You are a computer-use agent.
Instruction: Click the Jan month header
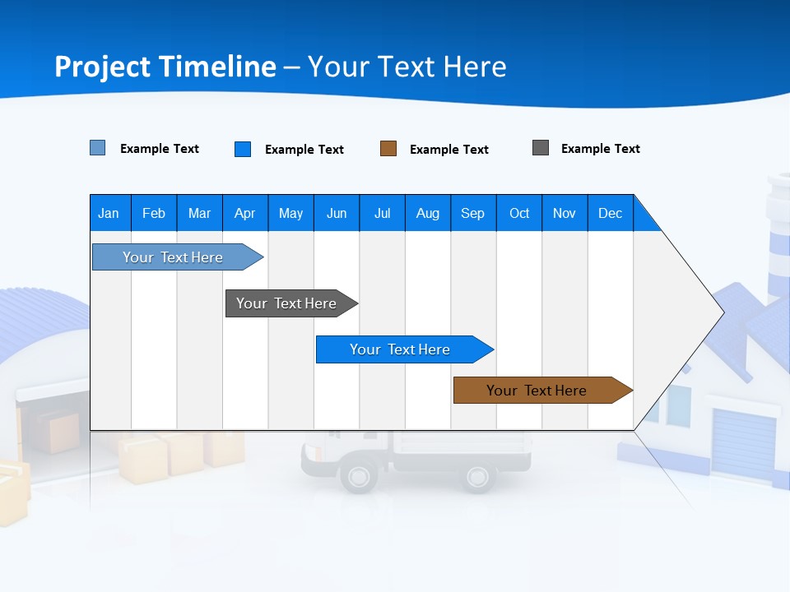click(109, 213)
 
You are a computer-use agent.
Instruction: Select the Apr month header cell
click(245, 213)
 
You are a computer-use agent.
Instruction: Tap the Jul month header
click(382, 213)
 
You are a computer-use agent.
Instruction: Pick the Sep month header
click(473, 213)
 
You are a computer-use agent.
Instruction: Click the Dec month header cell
click(610, 213)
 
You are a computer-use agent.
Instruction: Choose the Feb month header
click(154, 213)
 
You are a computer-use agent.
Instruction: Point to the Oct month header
click(519, 213)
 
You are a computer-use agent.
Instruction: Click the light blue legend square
click(98, 148)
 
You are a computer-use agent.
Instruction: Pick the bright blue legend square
click(243, 149)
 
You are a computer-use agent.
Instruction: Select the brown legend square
click(388, 149)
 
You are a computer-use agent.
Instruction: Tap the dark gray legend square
click(541, 148)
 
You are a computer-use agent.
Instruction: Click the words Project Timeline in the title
click(165, 67)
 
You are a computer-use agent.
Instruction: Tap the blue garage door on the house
click(742, 444)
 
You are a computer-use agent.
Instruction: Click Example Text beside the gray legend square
click(600, 149)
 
